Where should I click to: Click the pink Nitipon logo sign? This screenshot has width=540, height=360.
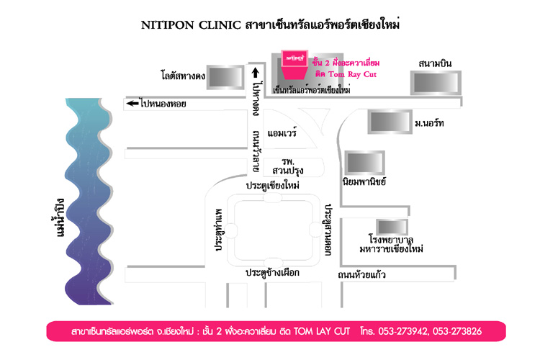(x=294, y=65)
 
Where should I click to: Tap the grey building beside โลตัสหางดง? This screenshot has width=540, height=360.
(x=225, y=77)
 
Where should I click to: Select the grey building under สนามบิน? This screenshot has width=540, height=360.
(x=436, y=83)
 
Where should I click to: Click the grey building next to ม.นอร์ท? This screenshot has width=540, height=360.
(x=390, y=122)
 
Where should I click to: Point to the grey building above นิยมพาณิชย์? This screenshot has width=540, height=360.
(x=365, y=163)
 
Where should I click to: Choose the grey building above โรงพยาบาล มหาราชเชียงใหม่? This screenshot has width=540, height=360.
(x=392, y=227)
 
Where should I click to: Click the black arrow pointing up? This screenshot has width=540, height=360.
(x=255, y=73)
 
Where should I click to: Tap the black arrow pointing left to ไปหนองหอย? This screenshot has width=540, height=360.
(x=132, y=104)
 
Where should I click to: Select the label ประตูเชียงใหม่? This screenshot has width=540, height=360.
(x=272, y=185)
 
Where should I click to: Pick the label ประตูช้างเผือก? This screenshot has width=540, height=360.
(x=272, y=272)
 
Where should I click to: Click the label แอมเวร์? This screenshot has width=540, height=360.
(x=282, y=132)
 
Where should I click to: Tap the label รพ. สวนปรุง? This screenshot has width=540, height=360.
(x=287, y=166)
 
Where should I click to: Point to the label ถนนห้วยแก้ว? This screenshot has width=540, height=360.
(x=361, y=274)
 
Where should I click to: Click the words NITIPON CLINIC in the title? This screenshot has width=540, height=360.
(x=191, y=25)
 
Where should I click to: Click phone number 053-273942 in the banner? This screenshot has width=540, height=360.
(x=402, y=331)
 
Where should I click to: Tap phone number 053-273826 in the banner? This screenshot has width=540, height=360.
(x=457, y=331)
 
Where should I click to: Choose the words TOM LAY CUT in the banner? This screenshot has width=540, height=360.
(x=321, y=331)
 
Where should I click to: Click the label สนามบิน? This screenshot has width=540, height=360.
(x=435, y=64)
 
